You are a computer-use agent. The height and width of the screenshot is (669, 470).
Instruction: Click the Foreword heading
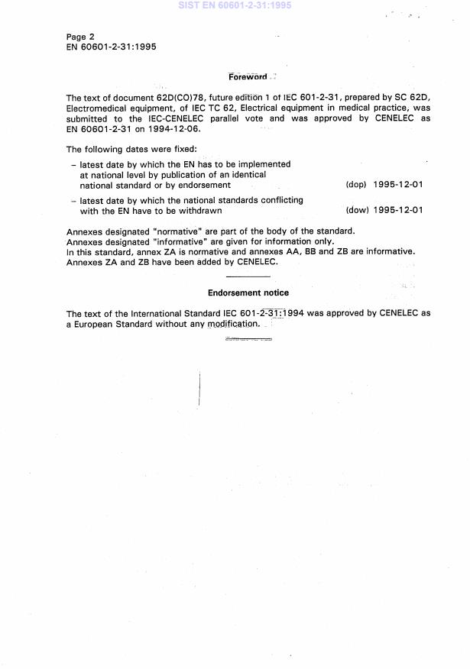click(248, 76)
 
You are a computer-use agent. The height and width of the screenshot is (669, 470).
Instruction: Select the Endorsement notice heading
click(248, 292)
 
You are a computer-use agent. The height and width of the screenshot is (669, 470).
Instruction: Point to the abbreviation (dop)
click(357, 185)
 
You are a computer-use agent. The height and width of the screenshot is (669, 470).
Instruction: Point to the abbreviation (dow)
click(357, 211)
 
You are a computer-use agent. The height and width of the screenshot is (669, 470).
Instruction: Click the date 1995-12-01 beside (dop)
click(398, 185)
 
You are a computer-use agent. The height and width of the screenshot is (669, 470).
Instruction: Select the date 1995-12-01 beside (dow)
click(398, 211)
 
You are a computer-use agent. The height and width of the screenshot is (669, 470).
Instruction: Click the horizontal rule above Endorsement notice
click(248, 276)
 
